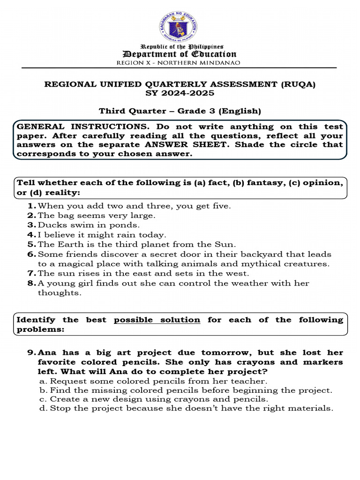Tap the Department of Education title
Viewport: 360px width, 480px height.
(180, 54)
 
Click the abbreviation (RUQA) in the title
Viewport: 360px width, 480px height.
(298, 84)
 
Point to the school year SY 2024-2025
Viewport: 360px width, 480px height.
(180, 93)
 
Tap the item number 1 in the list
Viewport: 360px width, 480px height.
(31, 206)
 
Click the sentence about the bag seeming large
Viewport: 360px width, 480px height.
(96, 216)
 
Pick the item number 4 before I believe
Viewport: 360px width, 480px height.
(31, 235)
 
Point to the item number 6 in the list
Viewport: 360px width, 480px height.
(31, 254)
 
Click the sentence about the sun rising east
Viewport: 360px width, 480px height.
(143, 273)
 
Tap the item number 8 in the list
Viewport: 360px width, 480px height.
(31, 283)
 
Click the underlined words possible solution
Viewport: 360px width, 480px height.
(157, 320)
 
